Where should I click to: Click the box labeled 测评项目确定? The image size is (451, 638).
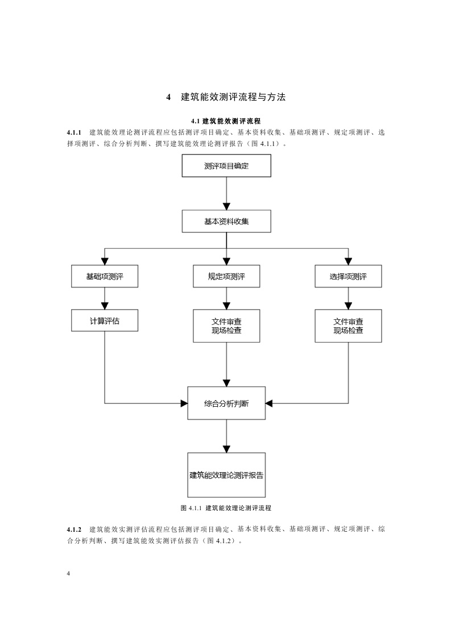tap(226, 166)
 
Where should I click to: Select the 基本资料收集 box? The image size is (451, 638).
tap(226, 222)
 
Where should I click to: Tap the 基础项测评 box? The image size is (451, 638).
tap(105, 277)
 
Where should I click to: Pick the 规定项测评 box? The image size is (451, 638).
tap(226, 277)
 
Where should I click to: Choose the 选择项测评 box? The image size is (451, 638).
tap(348, 277)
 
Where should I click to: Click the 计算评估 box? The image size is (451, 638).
tap(105, 320)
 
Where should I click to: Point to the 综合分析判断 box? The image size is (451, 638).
tap(226, 403)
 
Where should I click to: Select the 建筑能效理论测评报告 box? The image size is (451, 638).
tap(226, 475)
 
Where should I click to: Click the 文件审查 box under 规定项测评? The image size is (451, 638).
tap(226, 326)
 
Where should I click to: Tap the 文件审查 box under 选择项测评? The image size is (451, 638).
tap(348, 326)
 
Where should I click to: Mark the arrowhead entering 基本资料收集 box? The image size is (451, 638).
tap(226, 206)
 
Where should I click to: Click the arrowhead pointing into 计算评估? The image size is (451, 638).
tap(105, 305)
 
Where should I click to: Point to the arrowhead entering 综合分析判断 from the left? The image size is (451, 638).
tap(184, 403)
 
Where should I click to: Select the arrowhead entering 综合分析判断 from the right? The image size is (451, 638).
tap(270, 403)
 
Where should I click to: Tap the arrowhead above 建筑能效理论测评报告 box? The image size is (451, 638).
tap(226, 448)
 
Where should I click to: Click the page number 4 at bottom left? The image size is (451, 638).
tap(68, 574)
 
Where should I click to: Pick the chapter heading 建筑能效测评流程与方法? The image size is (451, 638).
tap(233, 97)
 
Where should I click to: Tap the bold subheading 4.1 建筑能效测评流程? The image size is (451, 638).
tap(226, 121)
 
